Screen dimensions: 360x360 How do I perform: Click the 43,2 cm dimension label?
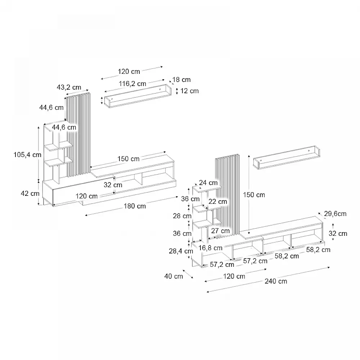pos(69,87)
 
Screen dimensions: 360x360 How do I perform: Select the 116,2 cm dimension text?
pos(132,84)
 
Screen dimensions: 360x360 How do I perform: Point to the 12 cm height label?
pos(189,91)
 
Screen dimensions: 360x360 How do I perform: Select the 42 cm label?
pos(30,193)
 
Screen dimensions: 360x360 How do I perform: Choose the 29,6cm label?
pos(335,214)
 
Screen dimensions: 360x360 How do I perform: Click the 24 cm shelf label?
pos(208,183)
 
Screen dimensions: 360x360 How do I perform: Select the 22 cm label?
pos(217,201)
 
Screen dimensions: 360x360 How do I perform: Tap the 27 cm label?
pos(220,230)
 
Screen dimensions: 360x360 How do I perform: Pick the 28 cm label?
pos(182,216)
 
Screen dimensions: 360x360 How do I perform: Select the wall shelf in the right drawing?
pos(286,157)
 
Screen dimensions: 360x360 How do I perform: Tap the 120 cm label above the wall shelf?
pos(129,71)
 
